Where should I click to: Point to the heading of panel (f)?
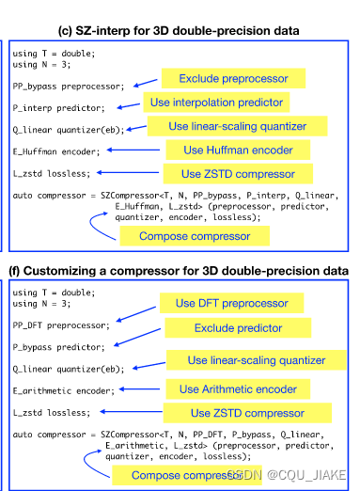pos(179,272)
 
